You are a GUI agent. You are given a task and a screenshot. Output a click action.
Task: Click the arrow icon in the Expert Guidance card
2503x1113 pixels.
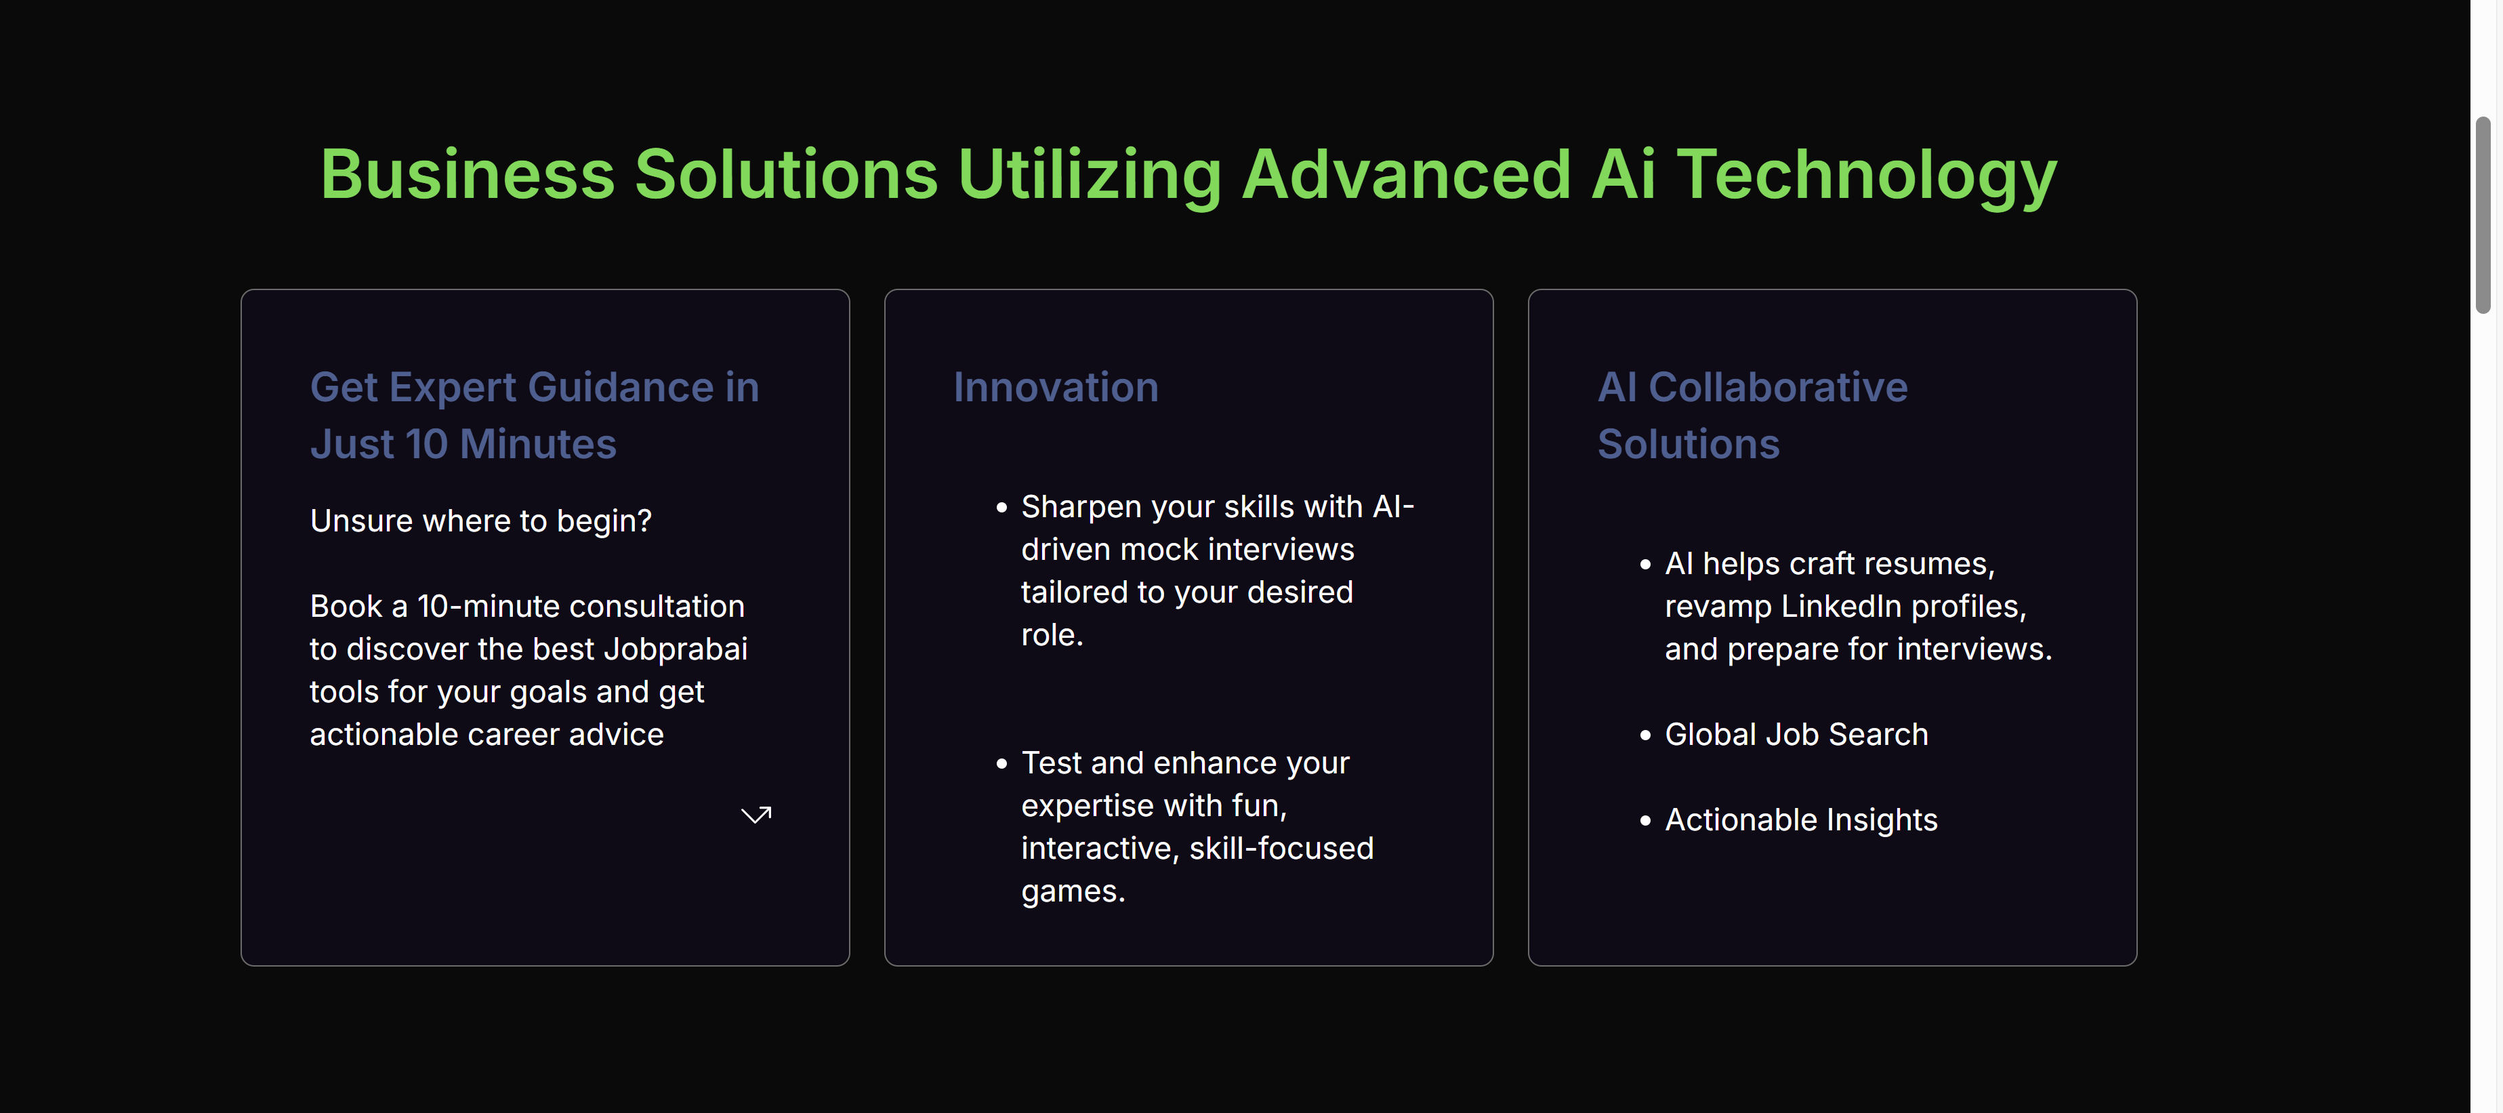click(756, 815)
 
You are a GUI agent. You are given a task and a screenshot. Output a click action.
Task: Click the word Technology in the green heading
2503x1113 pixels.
click(1867, 176)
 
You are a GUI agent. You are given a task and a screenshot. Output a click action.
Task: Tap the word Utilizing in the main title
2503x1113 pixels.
click(1090, 176)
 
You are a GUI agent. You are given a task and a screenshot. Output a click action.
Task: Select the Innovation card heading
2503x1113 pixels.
click(1055, 387)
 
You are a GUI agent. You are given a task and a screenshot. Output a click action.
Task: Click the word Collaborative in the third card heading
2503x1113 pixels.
click(1778, 387)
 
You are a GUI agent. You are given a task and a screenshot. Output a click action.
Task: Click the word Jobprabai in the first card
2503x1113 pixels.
click(676, 649)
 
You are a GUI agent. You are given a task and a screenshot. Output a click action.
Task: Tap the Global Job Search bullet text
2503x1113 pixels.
click(1796, 734)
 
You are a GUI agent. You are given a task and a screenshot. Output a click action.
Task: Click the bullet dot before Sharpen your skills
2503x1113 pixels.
click(1001, 508)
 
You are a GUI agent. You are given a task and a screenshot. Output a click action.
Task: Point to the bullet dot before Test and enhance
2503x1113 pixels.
click(1001, 764)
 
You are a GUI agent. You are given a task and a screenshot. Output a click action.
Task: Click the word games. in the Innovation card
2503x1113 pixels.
click(1073, 891)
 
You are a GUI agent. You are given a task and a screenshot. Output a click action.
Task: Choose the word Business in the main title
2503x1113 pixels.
click(468, 176)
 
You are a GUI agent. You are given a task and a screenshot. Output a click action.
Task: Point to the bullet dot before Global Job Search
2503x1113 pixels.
click(1645, 736)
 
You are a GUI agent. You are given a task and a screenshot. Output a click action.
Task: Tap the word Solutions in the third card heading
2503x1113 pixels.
click(1689, 444)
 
